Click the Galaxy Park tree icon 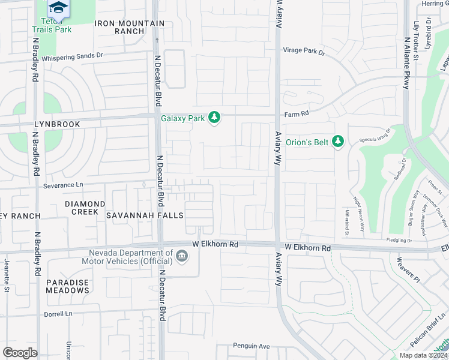pos(214,118)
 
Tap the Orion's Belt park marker pos(338,142)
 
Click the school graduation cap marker pos(58,7)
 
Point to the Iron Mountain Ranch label pos(129,27)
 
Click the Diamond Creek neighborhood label pos(85,208)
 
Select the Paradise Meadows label pos(67,286)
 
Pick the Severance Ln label pos(63,185)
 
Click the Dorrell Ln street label pos(58,314)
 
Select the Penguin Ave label pos(252,346)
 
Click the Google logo pos(20,352)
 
